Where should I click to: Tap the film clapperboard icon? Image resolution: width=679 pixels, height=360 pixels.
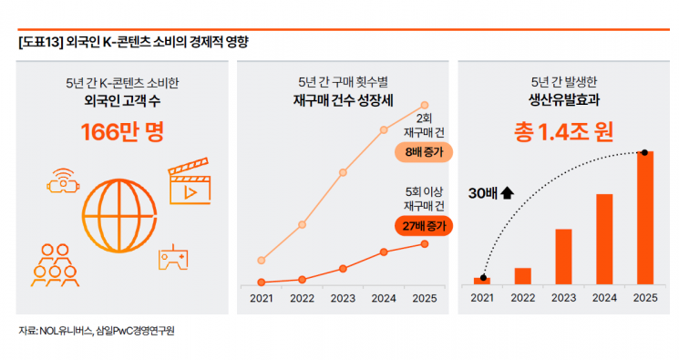[190, 183]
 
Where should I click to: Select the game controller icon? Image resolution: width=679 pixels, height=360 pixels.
[173, 258]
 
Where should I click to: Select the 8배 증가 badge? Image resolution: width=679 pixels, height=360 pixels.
[424, 152]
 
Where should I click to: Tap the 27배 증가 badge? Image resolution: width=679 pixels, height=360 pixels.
[424, 224]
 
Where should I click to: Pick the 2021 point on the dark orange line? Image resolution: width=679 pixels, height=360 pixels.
[262, 283]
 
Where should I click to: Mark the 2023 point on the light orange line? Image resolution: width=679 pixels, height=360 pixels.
[343, 171]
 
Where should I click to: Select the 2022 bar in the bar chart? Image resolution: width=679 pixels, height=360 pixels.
[523, 275]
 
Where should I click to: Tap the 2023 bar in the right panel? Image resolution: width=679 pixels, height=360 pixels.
[563, 256]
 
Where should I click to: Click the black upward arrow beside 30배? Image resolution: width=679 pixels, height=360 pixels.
[508, 193]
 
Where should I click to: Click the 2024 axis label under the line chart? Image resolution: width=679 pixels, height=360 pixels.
[384, 298]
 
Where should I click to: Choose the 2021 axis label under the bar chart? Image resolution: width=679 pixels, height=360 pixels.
[482, 298]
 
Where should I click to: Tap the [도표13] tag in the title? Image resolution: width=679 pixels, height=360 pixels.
[39, 42]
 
